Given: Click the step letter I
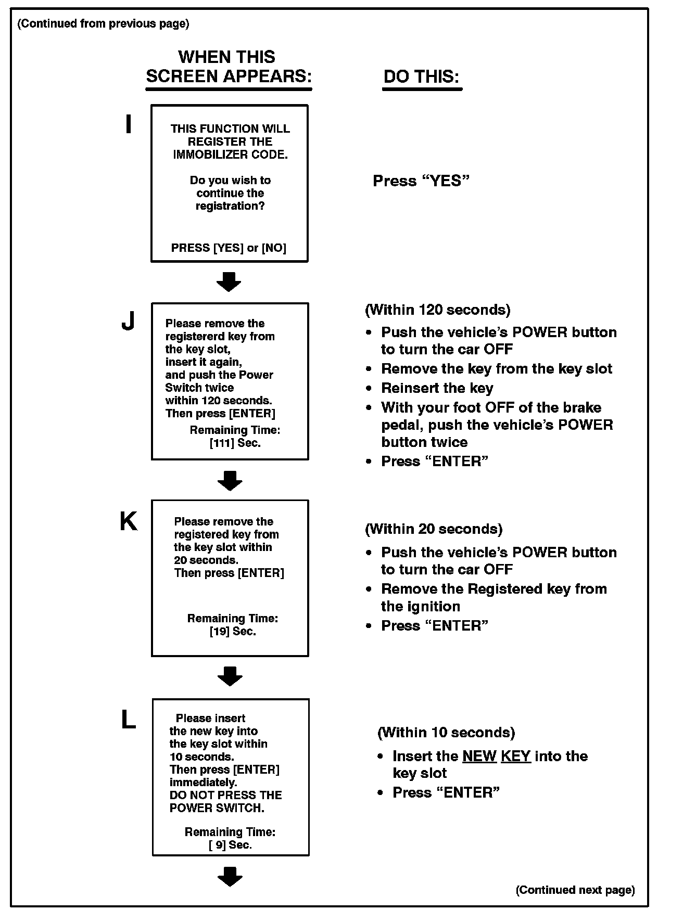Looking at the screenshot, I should [x=128, y=125].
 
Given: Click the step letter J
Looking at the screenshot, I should [x=128, y=322].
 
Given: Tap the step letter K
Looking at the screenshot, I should [x=129, y=521].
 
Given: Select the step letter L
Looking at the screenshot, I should [x=128, y=720].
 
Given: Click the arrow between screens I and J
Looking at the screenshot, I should [x=229, y=281].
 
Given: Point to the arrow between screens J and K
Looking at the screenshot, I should [x=230, y=480].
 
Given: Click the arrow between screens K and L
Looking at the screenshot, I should [x=230, y=676].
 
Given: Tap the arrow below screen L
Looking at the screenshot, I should [x=230, y=876].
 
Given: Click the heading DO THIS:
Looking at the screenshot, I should [x=422, y=77].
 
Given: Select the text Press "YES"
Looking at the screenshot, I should [x=421, y=181].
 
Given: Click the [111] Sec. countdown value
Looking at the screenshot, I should [x=235, y=443].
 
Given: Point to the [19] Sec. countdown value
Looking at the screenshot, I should [x=233, y=632].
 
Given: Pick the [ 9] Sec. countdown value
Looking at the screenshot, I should [x=230, y=845].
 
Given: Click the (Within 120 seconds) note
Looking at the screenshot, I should [x=437, y=310].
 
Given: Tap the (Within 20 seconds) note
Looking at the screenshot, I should [x=434, y=529].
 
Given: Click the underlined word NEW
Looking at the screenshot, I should [x=479, y=756].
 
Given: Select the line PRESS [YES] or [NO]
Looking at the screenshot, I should [x=229, y=248].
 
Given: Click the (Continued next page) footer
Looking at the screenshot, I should [x=575, y=890].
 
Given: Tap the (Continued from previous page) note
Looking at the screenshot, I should [x=104, y=23].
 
